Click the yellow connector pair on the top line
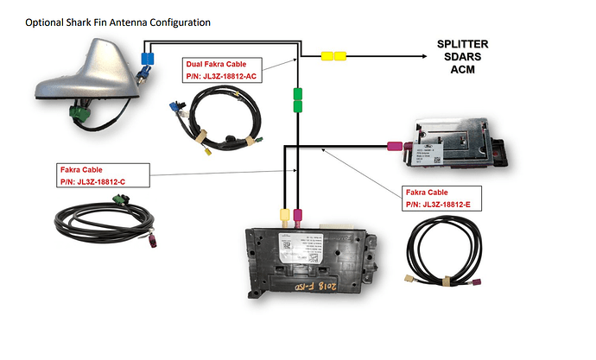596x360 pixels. pos(333,56)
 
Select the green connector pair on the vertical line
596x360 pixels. pos(298,99)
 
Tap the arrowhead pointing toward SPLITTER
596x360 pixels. pos(426,56)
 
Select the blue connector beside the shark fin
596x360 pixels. pos(146,59)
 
